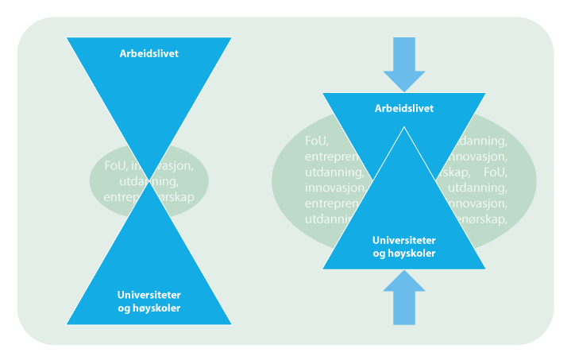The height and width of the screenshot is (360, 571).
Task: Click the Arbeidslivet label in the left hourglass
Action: point(149,54)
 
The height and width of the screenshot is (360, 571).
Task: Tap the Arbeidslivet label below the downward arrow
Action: point(404,108)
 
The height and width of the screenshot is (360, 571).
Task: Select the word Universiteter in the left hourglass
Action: point(149,294)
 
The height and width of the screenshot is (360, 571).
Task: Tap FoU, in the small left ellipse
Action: point(116,165)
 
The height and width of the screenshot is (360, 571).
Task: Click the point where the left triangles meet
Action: point(149,181)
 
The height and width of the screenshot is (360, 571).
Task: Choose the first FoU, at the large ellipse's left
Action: point(316,141)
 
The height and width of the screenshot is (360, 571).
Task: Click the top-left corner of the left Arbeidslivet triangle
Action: point(67,37)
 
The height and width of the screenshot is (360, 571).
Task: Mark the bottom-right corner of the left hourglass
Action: point(232,324)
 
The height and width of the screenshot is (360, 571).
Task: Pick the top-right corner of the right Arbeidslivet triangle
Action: point(485,93)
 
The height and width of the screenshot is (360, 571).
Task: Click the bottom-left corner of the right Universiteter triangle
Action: point(322,269)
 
